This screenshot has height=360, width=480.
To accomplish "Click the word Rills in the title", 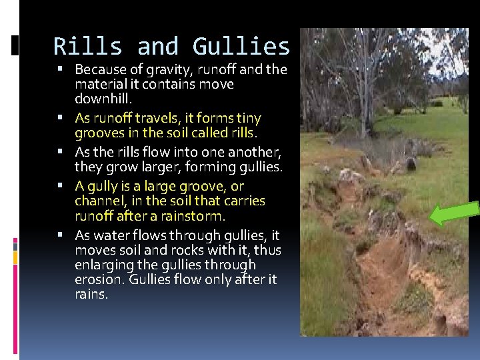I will pyautogui.click(x=88, y=47).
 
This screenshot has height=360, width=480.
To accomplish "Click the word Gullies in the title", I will pyautogui.click(x=241, y=47).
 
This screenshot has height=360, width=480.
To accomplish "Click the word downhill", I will pyautogui.click(x=104, y=99).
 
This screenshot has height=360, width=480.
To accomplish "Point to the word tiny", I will pyautogui.click(x=246, y=118).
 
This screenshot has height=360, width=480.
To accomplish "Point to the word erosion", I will pyautogui.click(x=95, y=279).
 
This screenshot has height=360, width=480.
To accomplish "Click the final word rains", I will pyautogui.click(x=91, y=294).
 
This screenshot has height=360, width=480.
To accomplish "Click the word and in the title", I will pyautogui.click(x=158, y=47).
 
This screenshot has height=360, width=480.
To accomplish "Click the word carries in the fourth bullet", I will pyautogui.click(x=242, y=201).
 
